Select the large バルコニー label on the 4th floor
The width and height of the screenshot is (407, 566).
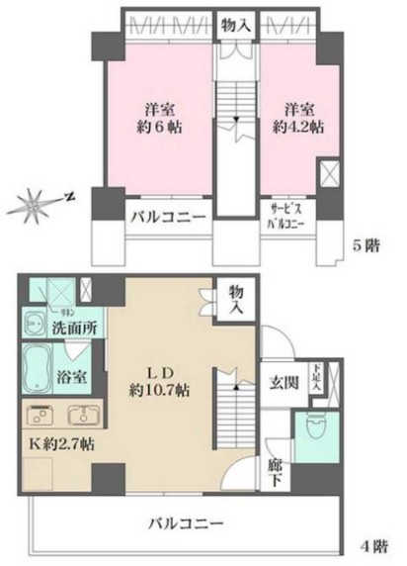coord(187,521)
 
